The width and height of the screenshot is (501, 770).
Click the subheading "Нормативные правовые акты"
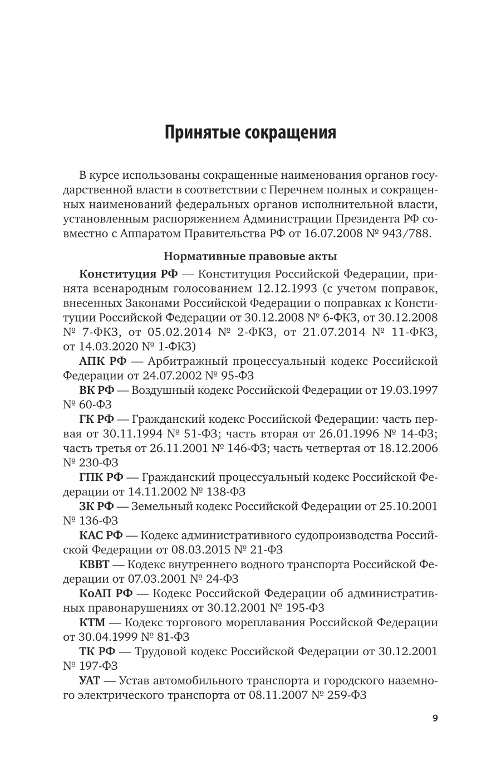[x=250, y=257]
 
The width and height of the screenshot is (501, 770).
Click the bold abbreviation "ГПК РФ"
[x=101, y=477]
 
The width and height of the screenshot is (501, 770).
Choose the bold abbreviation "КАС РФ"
[x=101, y=535]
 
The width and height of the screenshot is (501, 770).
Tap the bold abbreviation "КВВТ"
[x=95, y=564]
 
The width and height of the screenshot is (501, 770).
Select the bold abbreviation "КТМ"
[x=92, y=622]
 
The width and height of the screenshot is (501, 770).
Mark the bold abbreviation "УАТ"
[x=90, y=680]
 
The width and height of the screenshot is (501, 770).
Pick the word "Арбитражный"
[x=189, y=361]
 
